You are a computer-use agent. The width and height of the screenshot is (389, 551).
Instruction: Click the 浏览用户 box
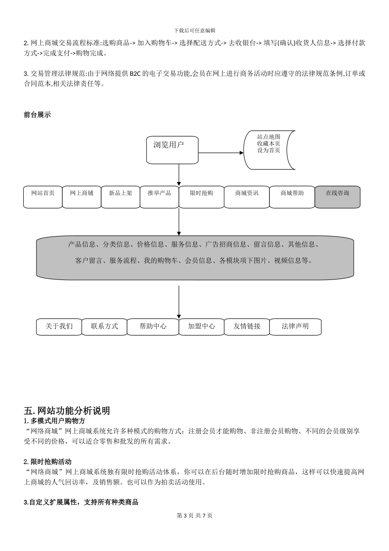pos(172,150)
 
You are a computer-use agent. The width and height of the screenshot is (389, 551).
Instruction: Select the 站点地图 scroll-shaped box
pos(269,150)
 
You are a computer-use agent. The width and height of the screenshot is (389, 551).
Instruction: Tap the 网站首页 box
pos(43,197)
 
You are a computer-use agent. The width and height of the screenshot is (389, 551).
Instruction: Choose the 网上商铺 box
pos(81,197)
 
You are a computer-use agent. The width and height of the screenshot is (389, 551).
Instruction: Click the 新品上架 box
pos(120,197)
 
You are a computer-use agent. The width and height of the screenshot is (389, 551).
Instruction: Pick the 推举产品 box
pos(159,197)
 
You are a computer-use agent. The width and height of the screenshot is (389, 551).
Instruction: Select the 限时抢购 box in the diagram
pos(201,197)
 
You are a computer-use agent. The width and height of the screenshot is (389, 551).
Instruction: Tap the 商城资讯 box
pos(247,197)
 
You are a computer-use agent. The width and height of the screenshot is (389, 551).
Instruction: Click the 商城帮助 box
pos(292,197)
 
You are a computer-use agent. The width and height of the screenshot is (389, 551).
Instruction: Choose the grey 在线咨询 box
pos(337,197)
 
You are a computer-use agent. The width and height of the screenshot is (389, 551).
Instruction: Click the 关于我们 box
pos(59,327)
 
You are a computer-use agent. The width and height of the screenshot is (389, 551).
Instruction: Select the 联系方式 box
pos(104,327)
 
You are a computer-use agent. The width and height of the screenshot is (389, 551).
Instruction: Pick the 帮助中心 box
pos(153,327)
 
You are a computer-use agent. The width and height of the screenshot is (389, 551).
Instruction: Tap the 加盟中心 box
pos(201,327)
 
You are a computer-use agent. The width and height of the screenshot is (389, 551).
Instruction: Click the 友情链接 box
pos(247,327)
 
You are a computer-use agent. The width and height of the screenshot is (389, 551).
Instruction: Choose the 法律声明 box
pos(295,327)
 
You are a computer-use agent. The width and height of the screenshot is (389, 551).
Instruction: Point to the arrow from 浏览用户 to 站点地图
pos(221,153)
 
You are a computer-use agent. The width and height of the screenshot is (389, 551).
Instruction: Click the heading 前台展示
pos(37,115)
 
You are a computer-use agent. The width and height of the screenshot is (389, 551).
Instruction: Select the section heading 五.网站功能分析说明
pos(67,410)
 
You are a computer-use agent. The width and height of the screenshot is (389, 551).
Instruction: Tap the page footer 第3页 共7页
pos(194,515)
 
